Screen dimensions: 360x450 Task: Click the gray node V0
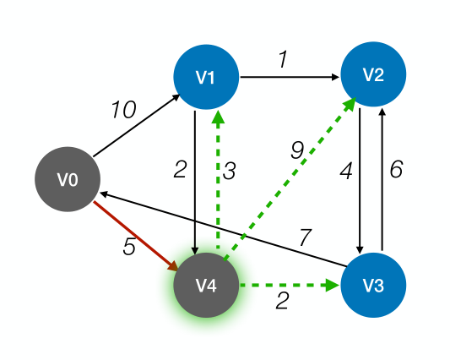pos(68,180)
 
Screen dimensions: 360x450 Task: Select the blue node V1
pos(206,77)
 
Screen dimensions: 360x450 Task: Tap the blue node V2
pos(373,74)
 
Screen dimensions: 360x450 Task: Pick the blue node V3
pos(373,286)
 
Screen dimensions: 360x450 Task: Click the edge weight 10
pos(123,109)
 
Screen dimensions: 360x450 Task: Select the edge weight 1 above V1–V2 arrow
pos(283,60)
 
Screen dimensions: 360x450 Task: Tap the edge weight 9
pos(295,150)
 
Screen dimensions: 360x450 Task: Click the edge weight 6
pos(396,170)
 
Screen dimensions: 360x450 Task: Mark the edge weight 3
pos(229,170)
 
